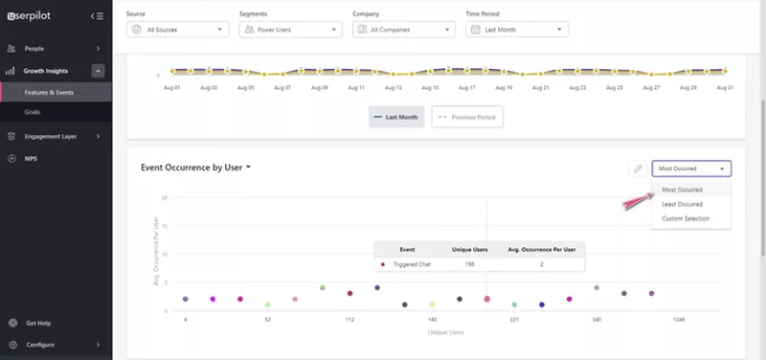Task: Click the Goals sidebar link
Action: coord(34,112)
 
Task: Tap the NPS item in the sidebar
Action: coord(32,158)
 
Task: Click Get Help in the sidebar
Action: coord(38,323)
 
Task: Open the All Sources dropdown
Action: coord(177,30)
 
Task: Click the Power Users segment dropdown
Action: coord(290,30)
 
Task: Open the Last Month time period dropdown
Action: coord(517,30)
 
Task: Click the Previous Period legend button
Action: coord(467,117)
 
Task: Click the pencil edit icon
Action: coord(638,169)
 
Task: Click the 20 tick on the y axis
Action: coord(165,197)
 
